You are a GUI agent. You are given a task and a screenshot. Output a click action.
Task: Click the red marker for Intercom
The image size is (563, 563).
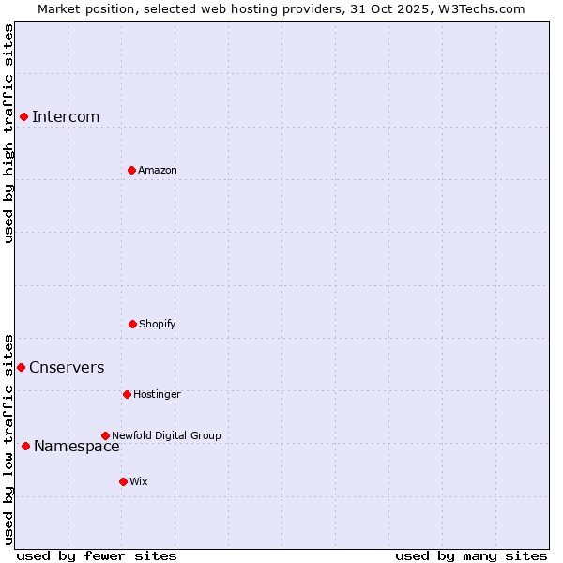coord(23,116)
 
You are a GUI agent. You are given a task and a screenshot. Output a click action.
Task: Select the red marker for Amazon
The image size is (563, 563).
coord(131,170)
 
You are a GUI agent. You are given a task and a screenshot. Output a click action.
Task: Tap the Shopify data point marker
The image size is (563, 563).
coord(132,324)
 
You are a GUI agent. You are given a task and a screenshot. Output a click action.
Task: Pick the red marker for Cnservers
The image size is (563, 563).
coord(21,367)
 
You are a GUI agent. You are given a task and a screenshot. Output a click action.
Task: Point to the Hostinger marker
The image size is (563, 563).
coord(127,394)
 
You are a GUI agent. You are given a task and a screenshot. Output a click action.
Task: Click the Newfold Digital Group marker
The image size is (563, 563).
coord(105,435)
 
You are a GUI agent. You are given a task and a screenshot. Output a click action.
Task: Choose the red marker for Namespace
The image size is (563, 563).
coord(25,446)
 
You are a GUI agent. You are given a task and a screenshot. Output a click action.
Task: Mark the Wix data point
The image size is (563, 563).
coord(123,481)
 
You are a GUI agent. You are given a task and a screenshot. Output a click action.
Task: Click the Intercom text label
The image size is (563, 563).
coord(66,116)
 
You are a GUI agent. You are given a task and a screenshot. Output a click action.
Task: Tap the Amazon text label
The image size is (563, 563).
coord(158,170)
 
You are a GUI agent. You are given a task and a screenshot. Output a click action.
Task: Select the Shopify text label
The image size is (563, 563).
coord(158,324)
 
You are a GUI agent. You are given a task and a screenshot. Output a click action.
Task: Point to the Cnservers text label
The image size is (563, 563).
coord(67,367)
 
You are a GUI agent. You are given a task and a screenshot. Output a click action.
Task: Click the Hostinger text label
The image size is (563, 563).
coord(157,394)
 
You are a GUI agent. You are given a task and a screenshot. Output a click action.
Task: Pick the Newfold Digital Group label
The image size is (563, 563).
coord(166,435)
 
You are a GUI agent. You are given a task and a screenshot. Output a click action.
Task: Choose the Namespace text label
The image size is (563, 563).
coord(77,446)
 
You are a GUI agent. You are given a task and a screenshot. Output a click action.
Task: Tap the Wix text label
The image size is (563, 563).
coord(139,481)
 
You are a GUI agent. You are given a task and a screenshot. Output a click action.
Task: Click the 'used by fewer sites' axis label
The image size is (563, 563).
coord(97,555)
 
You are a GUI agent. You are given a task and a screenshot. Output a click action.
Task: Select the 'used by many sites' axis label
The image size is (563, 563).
coord(471,555)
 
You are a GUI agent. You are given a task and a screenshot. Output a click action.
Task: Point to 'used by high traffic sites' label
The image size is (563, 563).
coord(8,133)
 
